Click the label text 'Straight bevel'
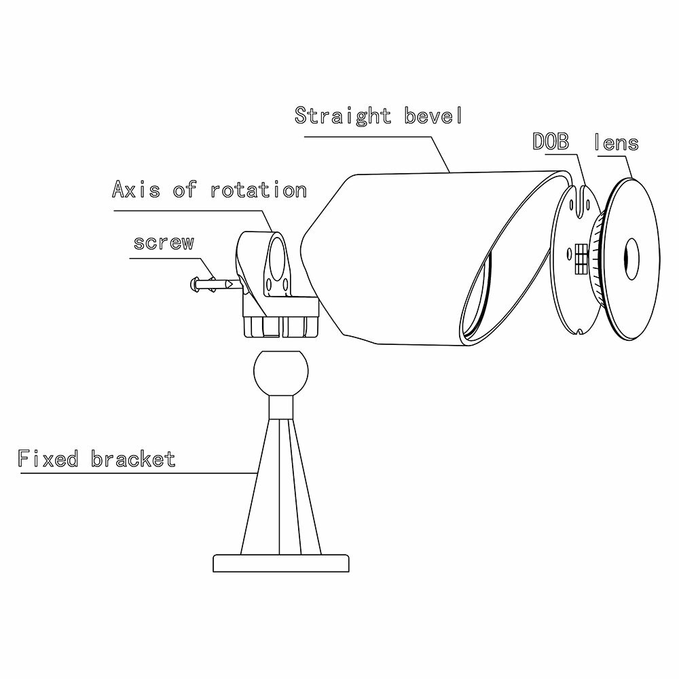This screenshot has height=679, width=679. click(x=378, y=115)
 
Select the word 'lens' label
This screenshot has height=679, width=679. click(x=616, y=143)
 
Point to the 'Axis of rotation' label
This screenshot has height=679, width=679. click(x=209, y=189)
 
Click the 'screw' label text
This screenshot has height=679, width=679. click(x=164, y=242)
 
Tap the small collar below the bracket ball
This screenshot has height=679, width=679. click(x=280, y=407)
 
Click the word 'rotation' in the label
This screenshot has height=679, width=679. click(x=258, y=189)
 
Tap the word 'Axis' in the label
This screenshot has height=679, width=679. click(x=136, y=189)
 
